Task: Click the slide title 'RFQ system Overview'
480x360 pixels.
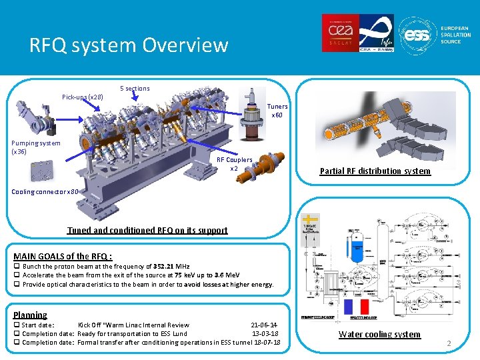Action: pos(129,45)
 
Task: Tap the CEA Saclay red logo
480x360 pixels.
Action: pos(341,33)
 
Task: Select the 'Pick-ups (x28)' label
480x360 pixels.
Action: pos(83,97)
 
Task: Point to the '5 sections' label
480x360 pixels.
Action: pos(135,89)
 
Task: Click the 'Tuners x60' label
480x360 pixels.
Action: pos(277,111)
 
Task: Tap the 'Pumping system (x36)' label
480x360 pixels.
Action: pos(35,147)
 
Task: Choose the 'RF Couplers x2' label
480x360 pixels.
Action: pos(235,164)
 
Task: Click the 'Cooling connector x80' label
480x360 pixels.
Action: pos(45,192)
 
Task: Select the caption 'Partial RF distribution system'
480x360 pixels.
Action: pos(375,171)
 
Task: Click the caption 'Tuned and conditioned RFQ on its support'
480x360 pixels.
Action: pos(147,231)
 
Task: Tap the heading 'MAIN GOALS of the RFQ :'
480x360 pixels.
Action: pos(63,256)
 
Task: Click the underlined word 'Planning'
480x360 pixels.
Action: pos(30,315)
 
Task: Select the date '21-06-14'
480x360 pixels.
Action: pos(264,325)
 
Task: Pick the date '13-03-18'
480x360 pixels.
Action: pos(265,334)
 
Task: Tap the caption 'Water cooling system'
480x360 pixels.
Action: pos(379,335)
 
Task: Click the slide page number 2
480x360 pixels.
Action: pos(449,344)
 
